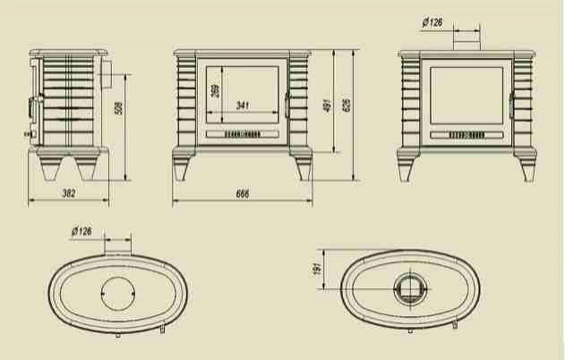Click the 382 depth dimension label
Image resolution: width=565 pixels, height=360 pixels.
pos(68,193)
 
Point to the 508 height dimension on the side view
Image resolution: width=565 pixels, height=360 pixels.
pos(120,109)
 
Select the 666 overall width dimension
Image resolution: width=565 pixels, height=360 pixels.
pos(243,193)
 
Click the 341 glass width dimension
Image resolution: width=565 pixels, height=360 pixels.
pos(243,106)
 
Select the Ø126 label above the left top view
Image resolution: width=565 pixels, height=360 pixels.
pos(81,232)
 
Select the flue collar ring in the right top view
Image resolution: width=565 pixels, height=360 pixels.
pos(411,288)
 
